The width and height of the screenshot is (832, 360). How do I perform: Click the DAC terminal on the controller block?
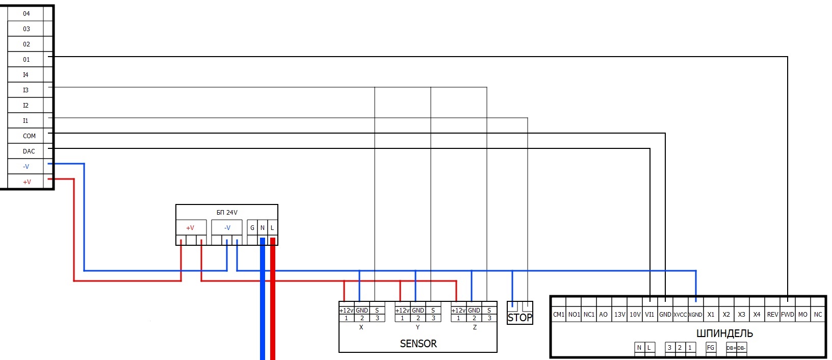29,151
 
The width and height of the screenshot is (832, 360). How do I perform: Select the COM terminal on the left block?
29,136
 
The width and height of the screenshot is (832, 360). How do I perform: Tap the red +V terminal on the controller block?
27,182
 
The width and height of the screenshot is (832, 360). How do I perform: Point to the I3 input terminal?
25,90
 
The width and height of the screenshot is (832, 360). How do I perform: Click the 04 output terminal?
26,14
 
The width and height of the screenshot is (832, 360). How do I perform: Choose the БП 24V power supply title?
227,212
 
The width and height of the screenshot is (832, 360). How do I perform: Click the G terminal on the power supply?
252,228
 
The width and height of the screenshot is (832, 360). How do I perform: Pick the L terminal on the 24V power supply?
272,228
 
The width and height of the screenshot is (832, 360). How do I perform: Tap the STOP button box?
519,317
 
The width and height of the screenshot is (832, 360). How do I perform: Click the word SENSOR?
418,344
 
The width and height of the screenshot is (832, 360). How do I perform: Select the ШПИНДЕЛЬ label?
724,333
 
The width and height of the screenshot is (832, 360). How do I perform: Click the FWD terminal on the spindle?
787,315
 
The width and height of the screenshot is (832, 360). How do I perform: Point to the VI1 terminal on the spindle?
649,315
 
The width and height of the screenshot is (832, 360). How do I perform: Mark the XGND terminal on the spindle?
695,315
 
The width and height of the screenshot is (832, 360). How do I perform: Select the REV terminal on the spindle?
772,315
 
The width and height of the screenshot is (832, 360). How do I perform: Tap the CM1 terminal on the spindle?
559,315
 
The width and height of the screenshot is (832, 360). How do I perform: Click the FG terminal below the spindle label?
711,348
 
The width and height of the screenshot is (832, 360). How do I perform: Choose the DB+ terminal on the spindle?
731,348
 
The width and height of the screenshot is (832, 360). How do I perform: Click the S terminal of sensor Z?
489,310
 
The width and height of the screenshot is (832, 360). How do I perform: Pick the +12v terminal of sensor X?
346,310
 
